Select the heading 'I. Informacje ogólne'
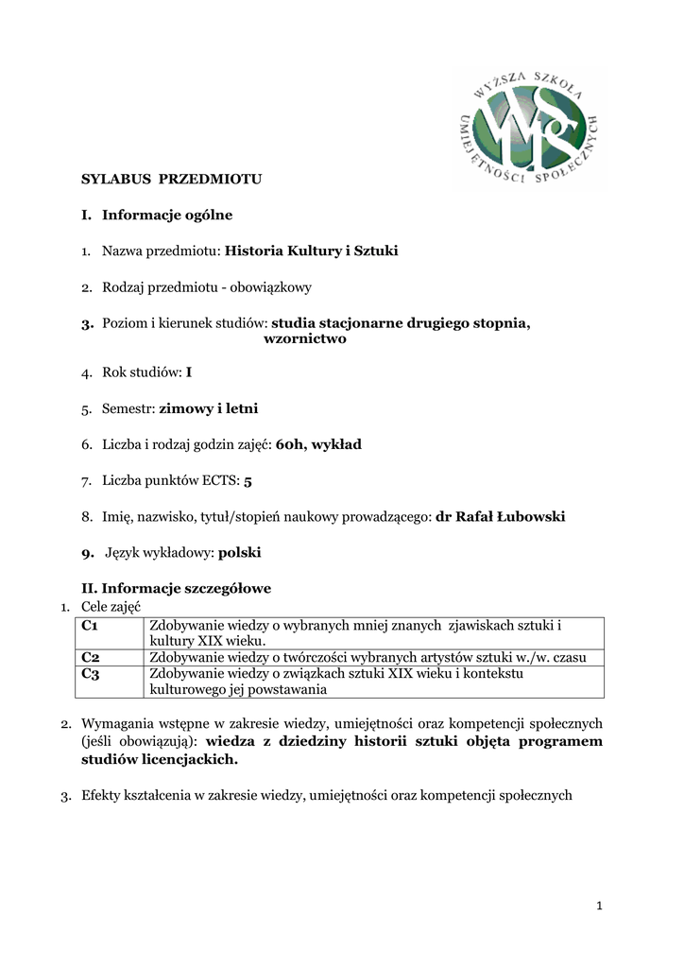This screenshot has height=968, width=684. (x=157, y=215)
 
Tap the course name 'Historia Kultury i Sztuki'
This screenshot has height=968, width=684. (x=312, y=251)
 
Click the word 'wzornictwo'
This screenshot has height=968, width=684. (x=304, y=338)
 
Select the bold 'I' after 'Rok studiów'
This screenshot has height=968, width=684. (x=189, y=372)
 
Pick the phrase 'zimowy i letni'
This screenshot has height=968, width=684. (x=209, y=408)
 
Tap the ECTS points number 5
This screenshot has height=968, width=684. (x=248, y=481)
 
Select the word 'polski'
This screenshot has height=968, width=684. (x=240, y=552)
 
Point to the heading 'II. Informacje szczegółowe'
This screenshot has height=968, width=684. (x=177, y=588)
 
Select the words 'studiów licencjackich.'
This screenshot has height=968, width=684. (x=160, y=759)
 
